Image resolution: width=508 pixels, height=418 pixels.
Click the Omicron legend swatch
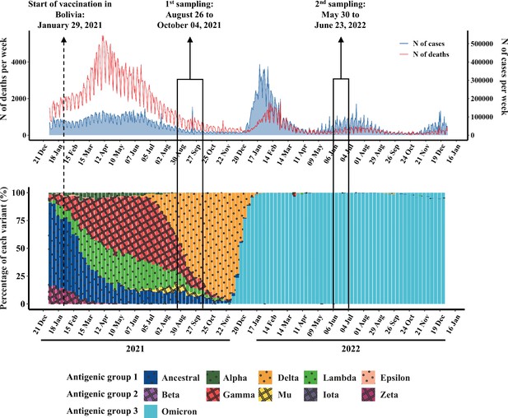point(151,411)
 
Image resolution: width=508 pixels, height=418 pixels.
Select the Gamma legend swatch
point(213,394)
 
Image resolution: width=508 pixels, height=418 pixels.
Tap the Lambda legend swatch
point(311,378)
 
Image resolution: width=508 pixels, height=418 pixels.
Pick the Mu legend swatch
point(265,394)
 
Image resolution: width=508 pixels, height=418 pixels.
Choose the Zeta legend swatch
point(368,394)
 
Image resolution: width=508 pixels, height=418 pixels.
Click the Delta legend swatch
point(265,378)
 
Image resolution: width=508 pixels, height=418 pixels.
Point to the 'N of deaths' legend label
point(431,54)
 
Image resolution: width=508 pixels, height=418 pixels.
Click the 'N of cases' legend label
point(429,44)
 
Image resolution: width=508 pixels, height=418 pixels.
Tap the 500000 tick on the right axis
point(482,44)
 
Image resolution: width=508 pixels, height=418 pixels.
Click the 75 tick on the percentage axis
point(21,221)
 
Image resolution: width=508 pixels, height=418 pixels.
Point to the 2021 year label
point(135,349)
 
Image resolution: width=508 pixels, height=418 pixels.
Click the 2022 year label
point(351,349)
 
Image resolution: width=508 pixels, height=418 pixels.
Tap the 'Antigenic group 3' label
point(102,411)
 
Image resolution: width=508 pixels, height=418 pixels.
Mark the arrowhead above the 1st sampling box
point(190,39)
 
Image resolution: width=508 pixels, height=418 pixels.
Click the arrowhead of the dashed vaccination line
point(64,39)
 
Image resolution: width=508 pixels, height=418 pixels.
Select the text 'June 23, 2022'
point(340,26)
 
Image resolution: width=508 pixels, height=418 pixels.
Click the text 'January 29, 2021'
point(70,26)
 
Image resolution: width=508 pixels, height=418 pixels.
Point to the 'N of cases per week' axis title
point(504,77)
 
